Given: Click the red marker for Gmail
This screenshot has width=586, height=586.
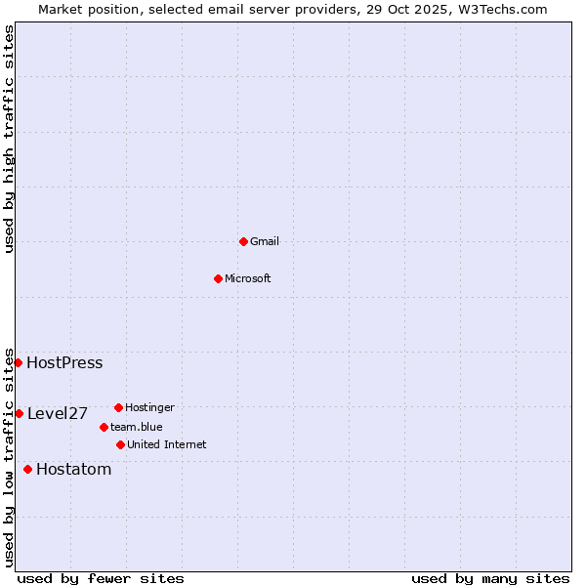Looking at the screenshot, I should click(243, 241).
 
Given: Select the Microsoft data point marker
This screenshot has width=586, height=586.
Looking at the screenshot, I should click(218, 278).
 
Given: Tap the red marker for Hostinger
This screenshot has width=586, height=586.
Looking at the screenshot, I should click(118, 407).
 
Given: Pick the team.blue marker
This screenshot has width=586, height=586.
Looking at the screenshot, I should click(104, 427).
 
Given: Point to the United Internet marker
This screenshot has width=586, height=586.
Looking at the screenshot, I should click(120, 444).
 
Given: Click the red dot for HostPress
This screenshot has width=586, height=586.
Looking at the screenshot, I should click(18, 362).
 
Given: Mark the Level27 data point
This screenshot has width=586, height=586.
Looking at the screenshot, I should click(19, 413).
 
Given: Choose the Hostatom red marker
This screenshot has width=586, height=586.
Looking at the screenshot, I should click(27, 469).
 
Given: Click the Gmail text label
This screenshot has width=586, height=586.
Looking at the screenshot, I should click(265, 241).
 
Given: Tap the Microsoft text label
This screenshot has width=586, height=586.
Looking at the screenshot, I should click(248, 278).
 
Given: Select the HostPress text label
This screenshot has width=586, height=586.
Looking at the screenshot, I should click(64, 363).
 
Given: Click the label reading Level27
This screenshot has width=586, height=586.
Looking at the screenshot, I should click(58, 414).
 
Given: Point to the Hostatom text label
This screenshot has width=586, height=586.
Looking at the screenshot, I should click(74, 470).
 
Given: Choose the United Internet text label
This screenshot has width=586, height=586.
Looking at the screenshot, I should click(167, 445).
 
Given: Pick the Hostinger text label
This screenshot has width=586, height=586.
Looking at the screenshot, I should click(150, 407).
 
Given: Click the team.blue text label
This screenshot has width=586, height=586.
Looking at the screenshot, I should click(137, 427).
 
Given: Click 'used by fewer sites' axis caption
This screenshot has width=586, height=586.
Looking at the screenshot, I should click(101, 578).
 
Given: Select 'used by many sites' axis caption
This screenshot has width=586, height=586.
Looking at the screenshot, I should click(490, 578).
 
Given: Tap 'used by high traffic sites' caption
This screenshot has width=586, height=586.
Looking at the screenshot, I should click(9, 139).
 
